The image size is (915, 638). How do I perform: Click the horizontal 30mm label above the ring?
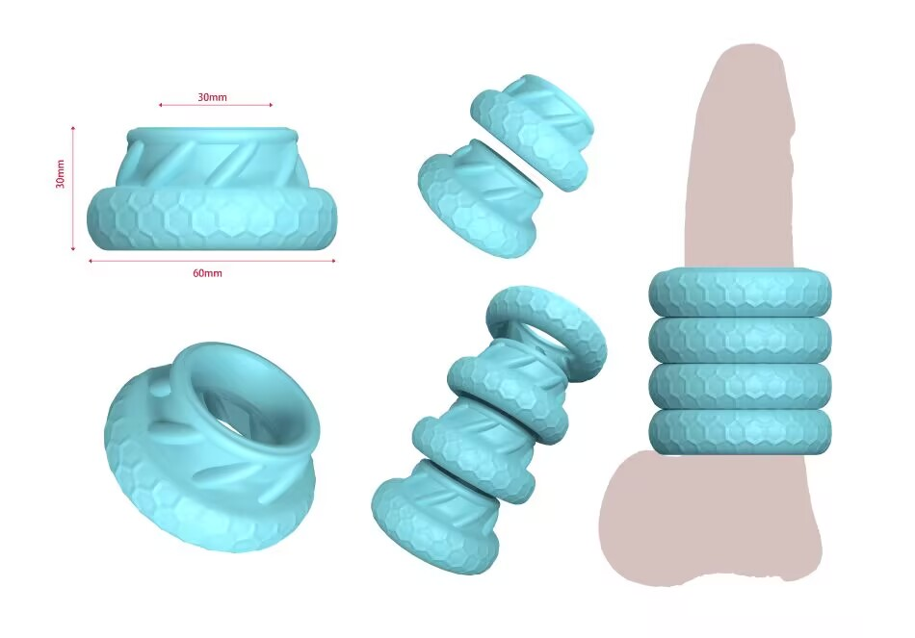click(x=212, y=97)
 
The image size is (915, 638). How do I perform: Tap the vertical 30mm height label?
click(x=60, y=174)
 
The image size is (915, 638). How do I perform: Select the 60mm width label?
click(x=208, y=273)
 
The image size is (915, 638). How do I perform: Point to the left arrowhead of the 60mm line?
click(x=91, y=261)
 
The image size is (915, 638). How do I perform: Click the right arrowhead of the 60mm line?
click(x=333, y=261)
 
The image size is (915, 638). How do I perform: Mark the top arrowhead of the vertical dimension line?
click(x=73, y=128)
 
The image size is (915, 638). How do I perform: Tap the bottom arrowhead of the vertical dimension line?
click(x=73, y=248)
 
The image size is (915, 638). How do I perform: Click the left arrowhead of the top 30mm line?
click(x=161, y=105)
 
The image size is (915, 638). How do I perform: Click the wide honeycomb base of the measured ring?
click(x=212, y=218)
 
